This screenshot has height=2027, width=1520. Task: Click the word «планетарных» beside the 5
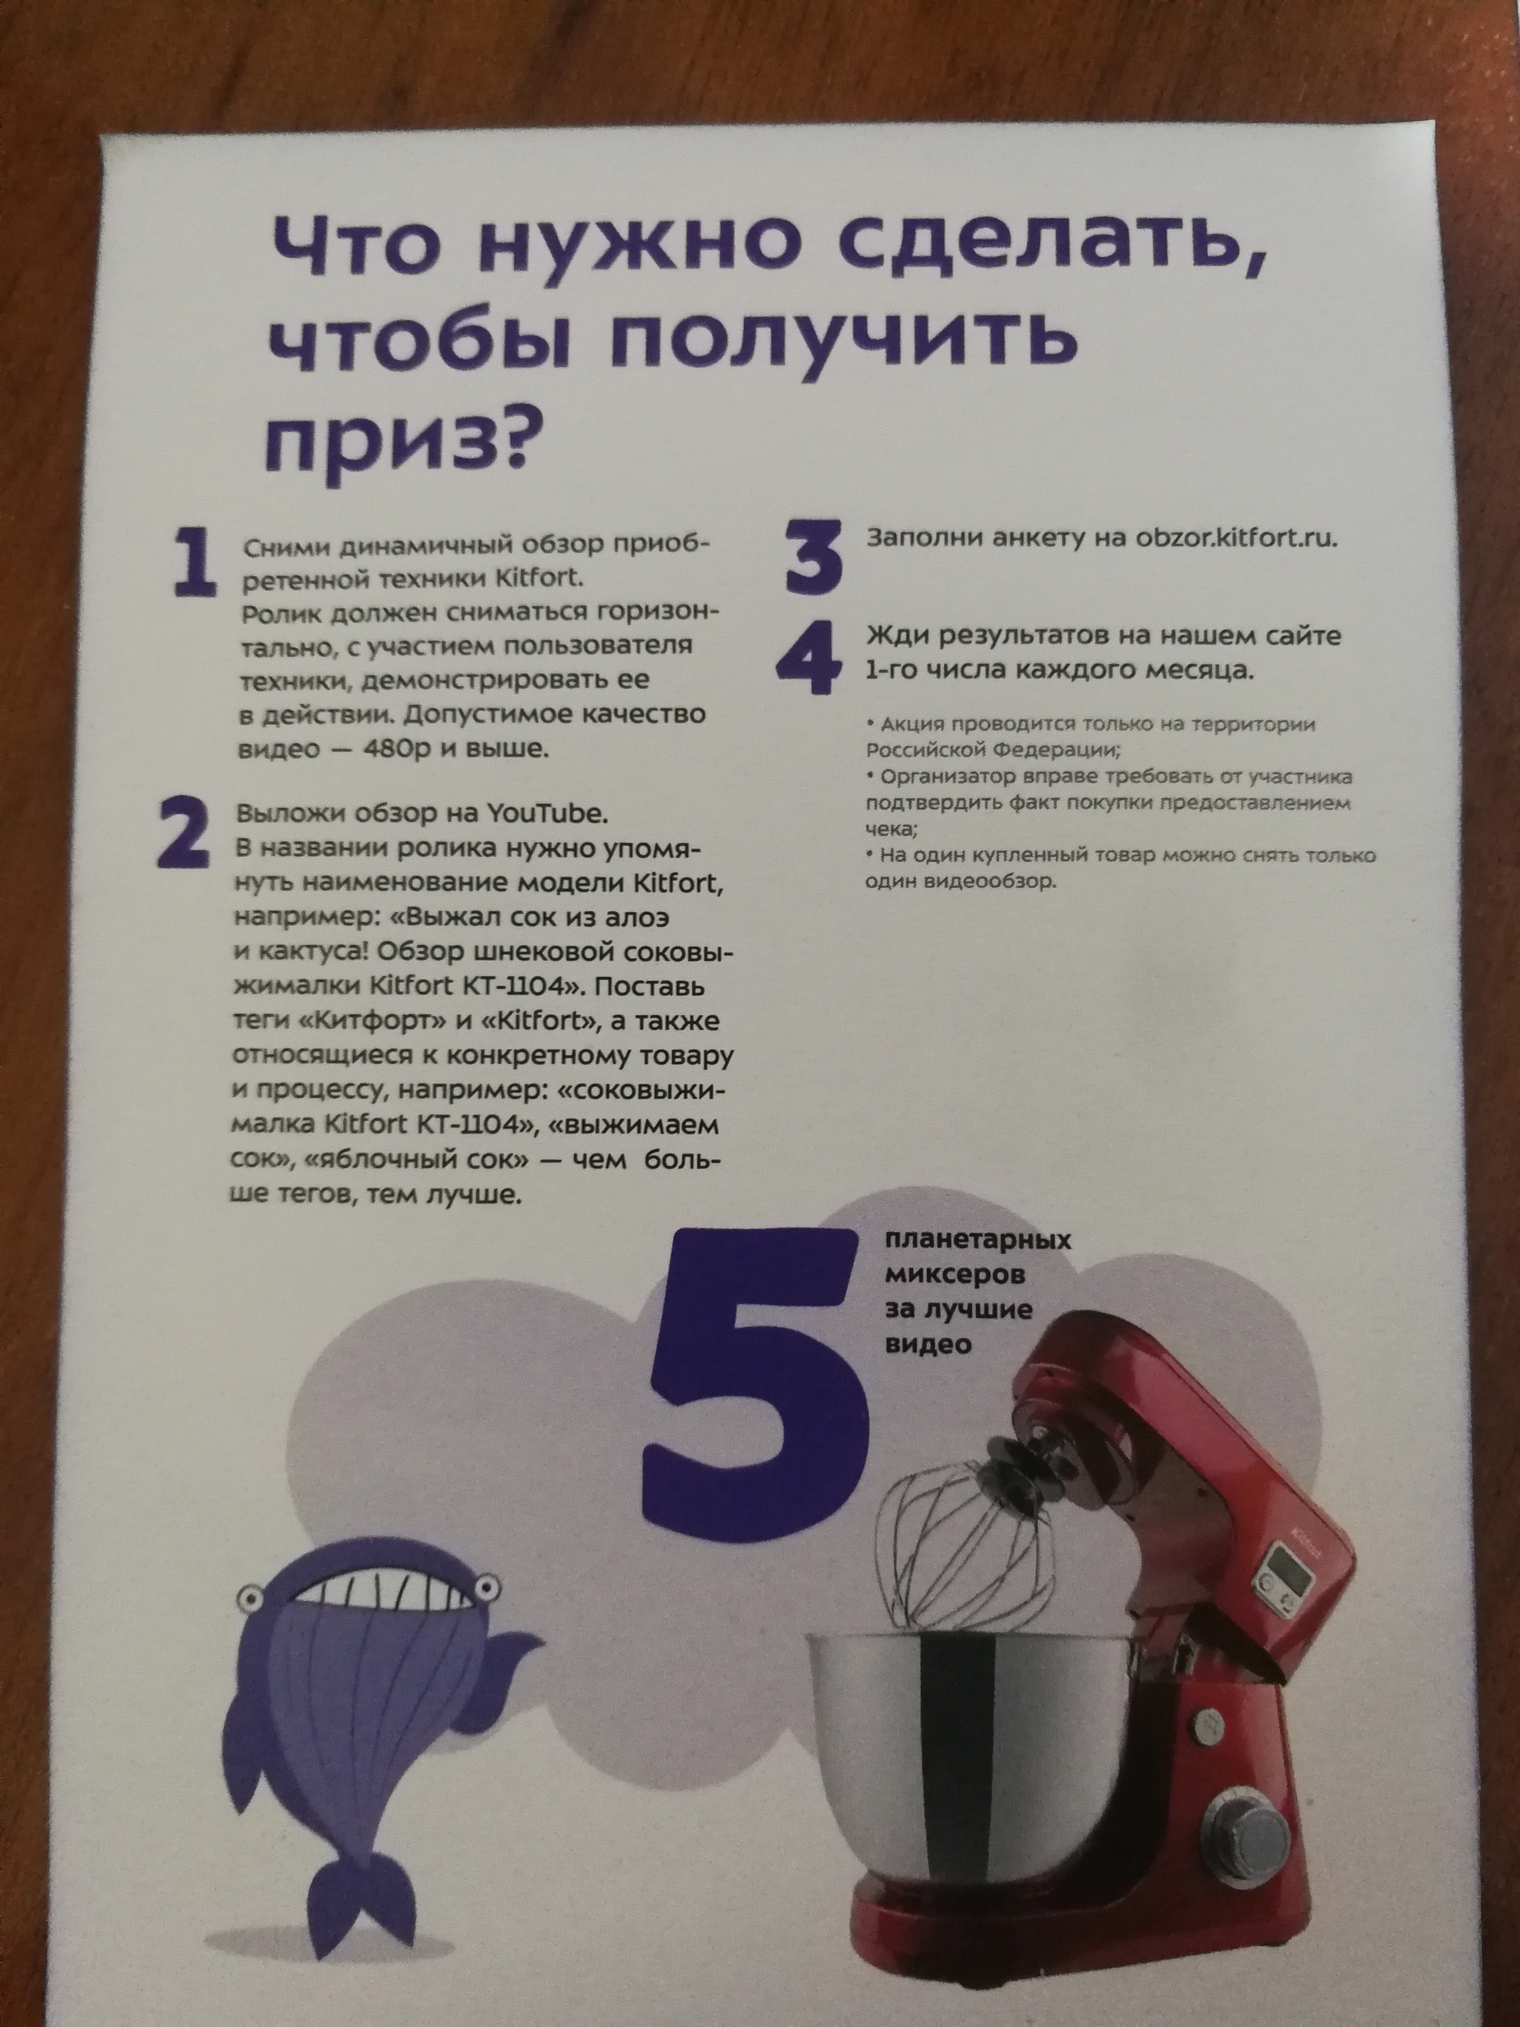point(978,1242)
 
